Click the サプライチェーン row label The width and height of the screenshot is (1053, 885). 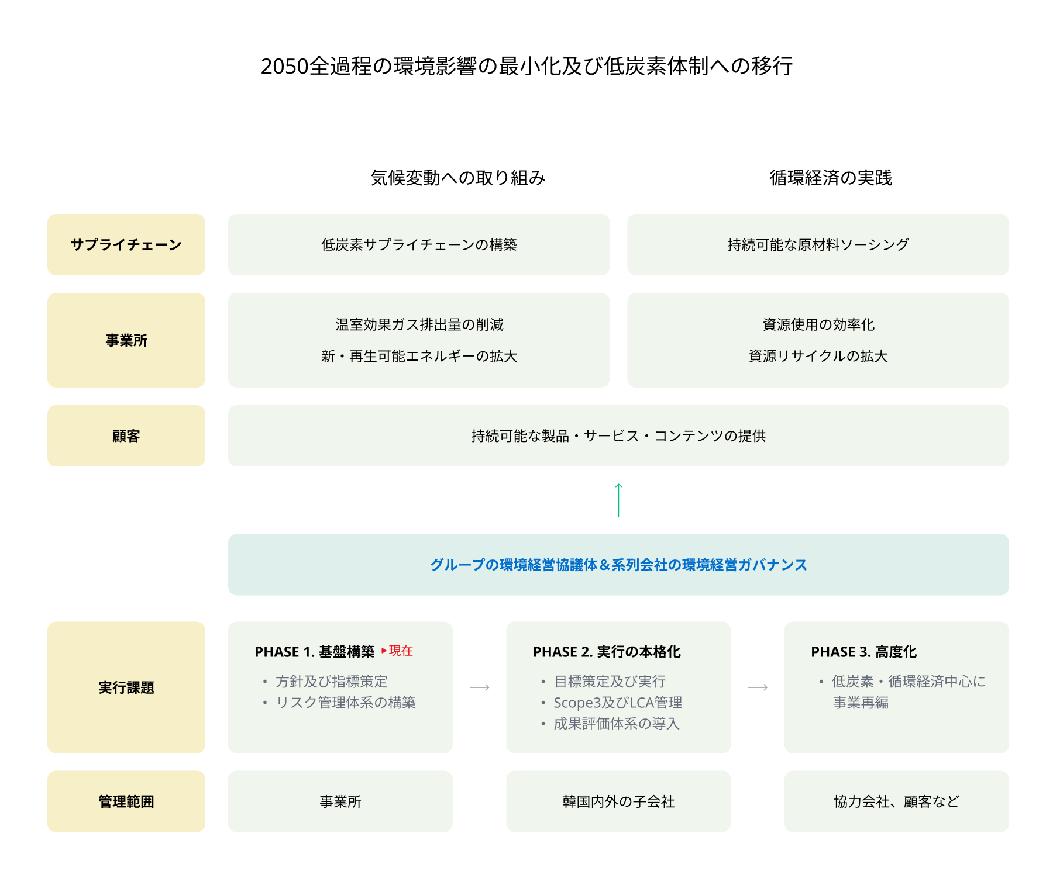click(x=126, y=244)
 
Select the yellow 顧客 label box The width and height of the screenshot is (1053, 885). click(x=126, y=435)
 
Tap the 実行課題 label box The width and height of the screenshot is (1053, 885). click(x=126, y=687)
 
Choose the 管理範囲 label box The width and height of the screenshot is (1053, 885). click(x=126, y=801)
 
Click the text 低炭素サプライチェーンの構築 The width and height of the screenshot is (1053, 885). click(x=419, y=244)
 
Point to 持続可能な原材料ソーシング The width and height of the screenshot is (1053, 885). click(x=818, y=244)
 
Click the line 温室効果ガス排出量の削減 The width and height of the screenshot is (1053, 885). click(x=419, y=324)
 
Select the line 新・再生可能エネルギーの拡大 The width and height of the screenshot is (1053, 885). click(x=419, y=356)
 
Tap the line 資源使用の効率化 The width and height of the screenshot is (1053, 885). click(x=818, y=324)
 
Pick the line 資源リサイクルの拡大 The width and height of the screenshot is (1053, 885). click(x=818, y=356)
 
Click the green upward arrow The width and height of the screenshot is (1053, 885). click(x=618, y=500)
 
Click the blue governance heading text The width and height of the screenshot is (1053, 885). click(x=618, y=565)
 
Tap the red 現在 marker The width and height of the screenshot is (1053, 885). click(x=400, y=651)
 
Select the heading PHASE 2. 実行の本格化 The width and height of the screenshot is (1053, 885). click(x=607, y=652)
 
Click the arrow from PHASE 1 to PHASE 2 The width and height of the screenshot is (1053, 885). click(x=480, y=687)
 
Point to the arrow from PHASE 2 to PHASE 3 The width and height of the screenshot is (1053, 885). click(x=758, y=687)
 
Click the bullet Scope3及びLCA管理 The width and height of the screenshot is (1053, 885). click(x=618, y=703)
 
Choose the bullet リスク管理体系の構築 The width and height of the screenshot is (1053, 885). click(x=346, y=703)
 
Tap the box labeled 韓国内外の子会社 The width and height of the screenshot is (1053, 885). click(x=618, y=801)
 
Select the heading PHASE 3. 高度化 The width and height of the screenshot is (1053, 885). click(x=863, y=652)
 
